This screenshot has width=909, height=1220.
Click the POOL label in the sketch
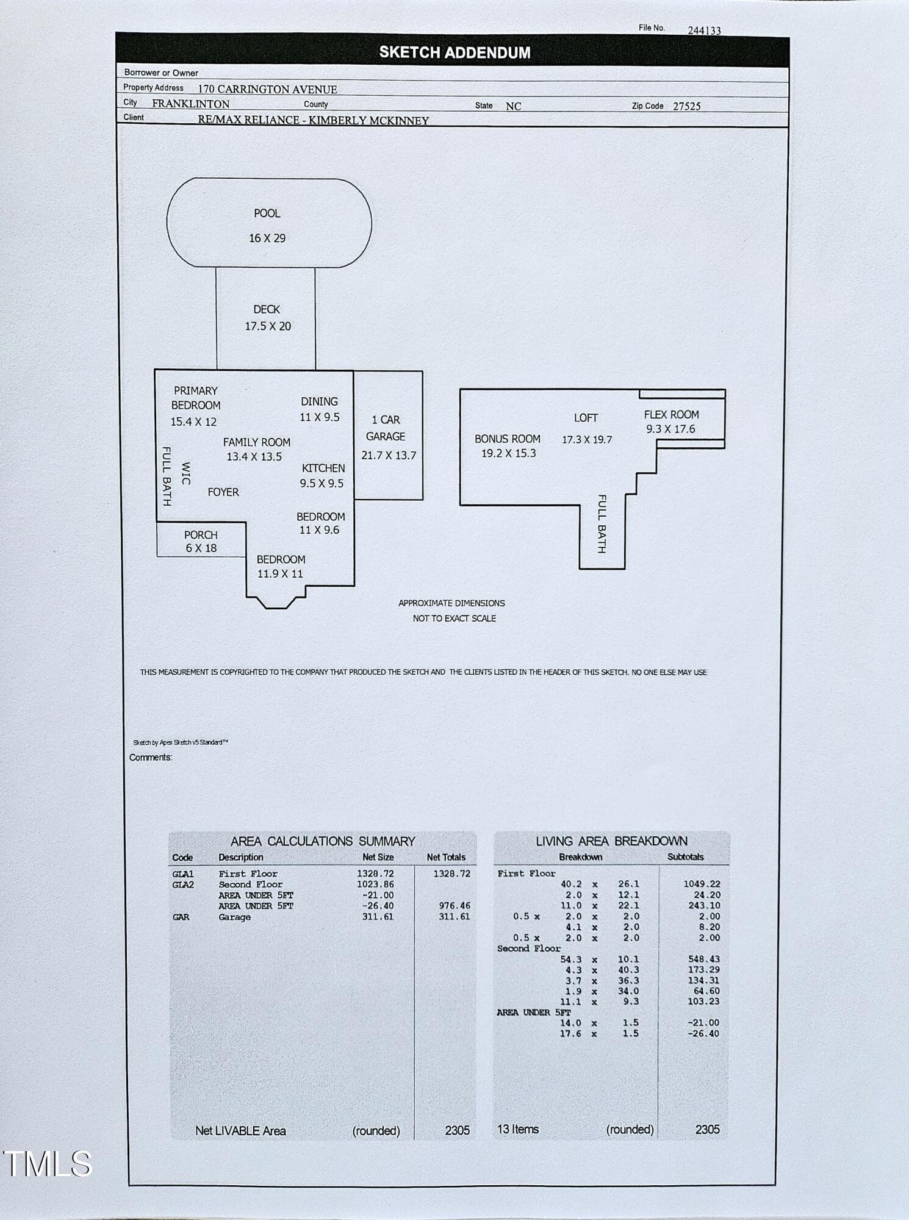[x=267, y=213]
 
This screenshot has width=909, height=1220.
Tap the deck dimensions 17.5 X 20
[x=268, y=326]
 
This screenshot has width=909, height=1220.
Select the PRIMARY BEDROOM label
[x=196, y=398]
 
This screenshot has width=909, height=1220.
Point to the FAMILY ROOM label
[x=256, y=442]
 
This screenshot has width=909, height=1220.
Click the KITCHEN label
[x=323, y=468]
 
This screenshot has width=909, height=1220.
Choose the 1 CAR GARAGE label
[x=386, y=428]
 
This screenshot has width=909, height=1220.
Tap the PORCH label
[x=201, y=535]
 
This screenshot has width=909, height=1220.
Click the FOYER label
[x=223, y=492]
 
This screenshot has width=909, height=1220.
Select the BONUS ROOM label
[x=508, y=439]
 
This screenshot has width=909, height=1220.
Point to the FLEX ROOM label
[x=671, y=414]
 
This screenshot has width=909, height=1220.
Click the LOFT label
[x=586, y=418]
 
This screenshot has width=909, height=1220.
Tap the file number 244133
[x=705, y=30]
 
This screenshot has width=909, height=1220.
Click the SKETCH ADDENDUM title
[x=455, y=52]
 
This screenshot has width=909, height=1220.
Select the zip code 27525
[x=687, y=106]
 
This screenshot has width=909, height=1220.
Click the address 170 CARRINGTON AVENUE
[x=267, y=89]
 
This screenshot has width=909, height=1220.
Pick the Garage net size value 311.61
[x=378, y=917]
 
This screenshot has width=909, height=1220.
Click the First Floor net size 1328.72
[x=375, y=874]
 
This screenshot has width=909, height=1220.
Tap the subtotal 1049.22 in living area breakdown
[x=702, y=884]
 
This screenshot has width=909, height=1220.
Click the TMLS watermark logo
[x=48, y=1163]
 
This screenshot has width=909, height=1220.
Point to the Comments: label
[x=151, y=758]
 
